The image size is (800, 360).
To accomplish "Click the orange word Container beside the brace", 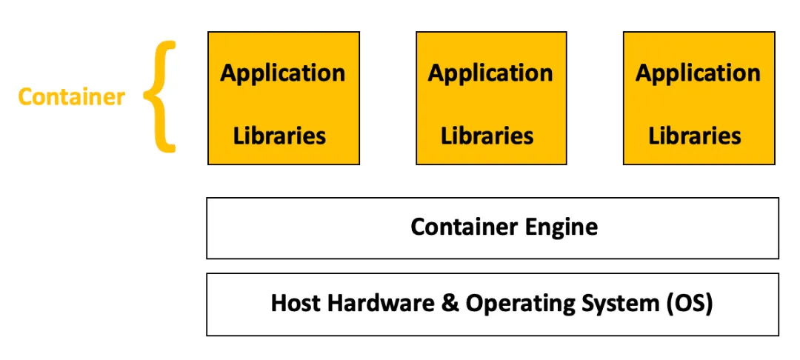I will click(72, 96).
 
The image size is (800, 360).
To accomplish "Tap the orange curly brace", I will click(160, 96).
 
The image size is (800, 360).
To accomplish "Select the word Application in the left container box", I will click(283, 73).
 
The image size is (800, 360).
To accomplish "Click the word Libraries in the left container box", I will click(280, 136).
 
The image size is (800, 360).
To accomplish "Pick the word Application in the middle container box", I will click(490, 73).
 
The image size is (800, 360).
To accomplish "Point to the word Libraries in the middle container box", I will click(487, 136).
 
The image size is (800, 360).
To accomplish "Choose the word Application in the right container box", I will click(698, 73).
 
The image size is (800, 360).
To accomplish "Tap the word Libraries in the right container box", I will click(695, 136).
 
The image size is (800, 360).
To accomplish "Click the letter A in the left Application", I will click(229, 73).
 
